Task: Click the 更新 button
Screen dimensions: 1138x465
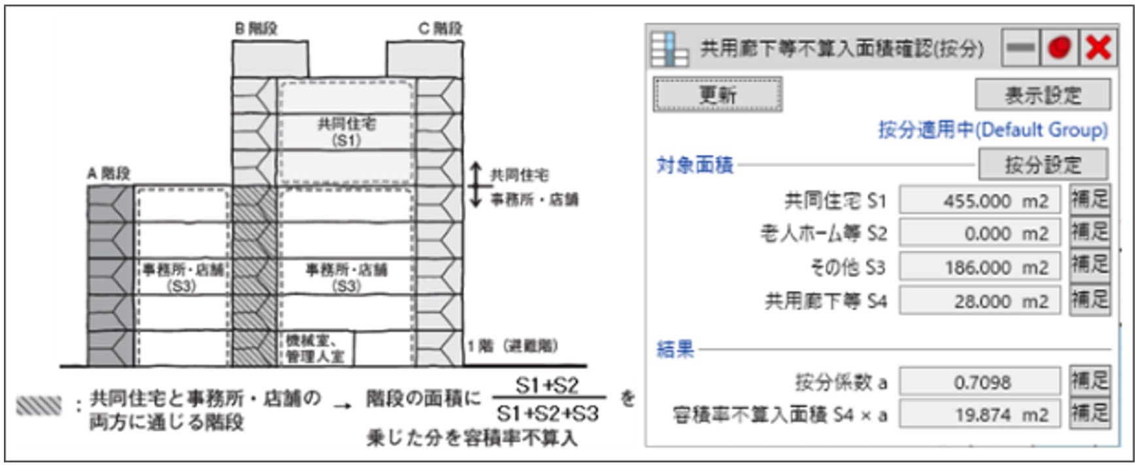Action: tap(717, 95)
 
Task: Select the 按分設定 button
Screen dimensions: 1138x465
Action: tap(1043, 164)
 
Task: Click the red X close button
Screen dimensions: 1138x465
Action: tap(1098, 48)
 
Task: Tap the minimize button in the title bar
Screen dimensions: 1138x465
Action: tap(1020, 48)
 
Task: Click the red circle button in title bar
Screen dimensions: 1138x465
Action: tap(1059, 48)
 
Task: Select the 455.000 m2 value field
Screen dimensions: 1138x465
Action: tap(979, 201)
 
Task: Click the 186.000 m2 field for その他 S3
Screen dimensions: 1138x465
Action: tap(979, 267)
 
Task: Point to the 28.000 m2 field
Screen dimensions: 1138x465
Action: tap(979, 301)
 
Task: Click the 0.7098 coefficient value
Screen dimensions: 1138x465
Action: tap(979, 382)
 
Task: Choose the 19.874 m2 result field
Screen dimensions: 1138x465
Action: tap(979, 415)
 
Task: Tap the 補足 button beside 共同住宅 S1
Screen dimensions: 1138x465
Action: tap(1089, 199)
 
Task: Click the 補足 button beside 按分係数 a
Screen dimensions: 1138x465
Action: tap(1089, 380)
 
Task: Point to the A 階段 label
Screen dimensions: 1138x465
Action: tap(109, 173)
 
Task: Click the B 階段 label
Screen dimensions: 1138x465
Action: tap(256, 29)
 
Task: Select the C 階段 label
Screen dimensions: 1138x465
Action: tap(440, 29)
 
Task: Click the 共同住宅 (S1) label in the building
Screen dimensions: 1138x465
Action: tap(346, 131)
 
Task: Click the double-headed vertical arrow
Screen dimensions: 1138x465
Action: tap(476, 184)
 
